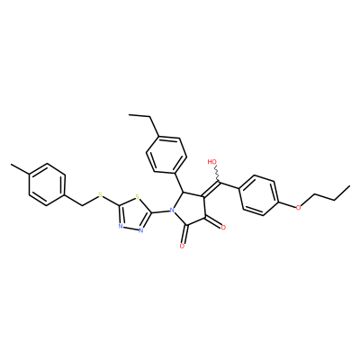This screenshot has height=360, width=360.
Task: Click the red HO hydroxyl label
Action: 212,162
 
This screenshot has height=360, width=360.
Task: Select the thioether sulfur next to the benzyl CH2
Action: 100,196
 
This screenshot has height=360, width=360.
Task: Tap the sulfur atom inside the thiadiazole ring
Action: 138,197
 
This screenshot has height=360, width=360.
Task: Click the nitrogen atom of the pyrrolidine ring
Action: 172,211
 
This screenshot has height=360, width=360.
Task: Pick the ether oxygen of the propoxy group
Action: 298,207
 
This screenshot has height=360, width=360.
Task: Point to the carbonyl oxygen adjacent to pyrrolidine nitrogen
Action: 182,247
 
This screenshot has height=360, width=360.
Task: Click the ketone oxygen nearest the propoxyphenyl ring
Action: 223,228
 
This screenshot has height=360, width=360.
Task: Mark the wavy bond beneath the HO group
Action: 218,174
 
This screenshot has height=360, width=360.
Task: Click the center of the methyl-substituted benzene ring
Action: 47,184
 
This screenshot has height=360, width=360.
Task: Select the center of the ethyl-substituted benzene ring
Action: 166,155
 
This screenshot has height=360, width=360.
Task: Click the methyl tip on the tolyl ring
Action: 11,165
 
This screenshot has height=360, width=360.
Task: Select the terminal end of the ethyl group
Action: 130,114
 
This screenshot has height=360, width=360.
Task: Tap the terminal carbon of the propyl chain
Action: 349,186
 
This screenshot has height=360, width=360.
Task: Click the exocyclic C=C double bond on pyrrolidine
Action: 211,189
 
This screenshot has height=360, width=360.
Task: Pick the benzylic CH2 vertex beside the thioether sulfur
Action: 82,205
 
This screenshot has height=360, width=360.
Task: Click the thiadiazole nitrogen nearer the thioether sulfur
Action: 120,226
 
